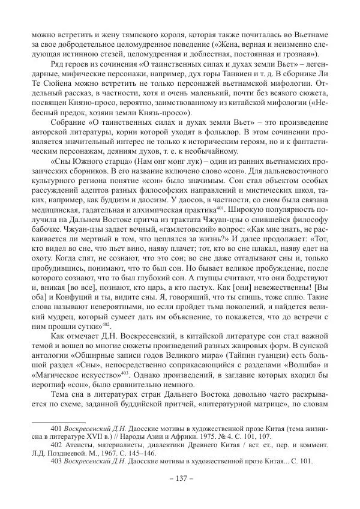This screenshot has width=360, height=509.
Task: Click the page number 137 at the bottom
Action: (x=180, y=482)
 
